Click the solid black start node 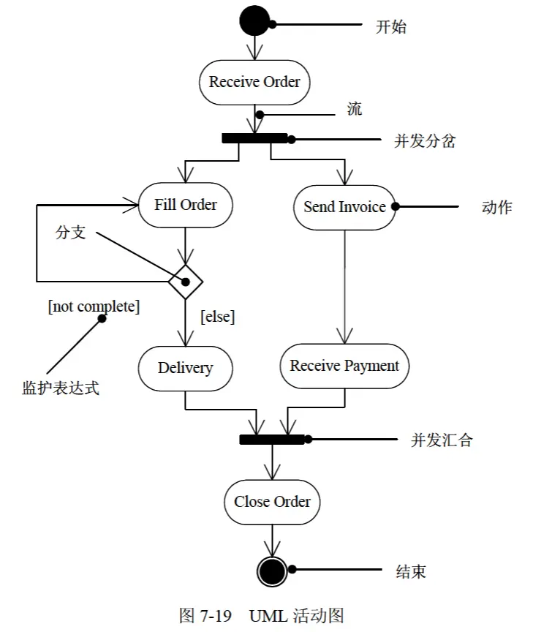coord(254,20)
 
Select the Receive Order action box coord(254,82)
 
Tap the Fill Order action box coord(185,205)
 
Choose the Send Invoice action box coord(344,207)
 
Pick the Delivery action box coord(185,368)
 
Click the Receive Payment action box coord(344,366)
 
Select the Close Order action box coord(272,502)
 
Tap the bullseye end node coord(272,571)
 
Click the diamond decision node coord(185,282)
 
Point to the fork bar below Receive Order coord(254,138)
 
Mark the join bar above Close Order coord(272,440)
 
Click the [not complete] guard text coord(94,306)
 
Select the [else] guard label coord(218,317)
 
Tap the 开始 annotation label coord(390,27)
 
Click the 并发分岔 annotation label coord(425,141)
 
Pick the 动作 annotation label coord(497,208)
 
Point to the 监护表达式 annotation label coord(61,388)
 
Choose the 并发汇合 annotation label coord(442,440)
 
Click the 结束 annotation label coord(411,571)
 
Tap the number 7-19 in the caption coord(216,616)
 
